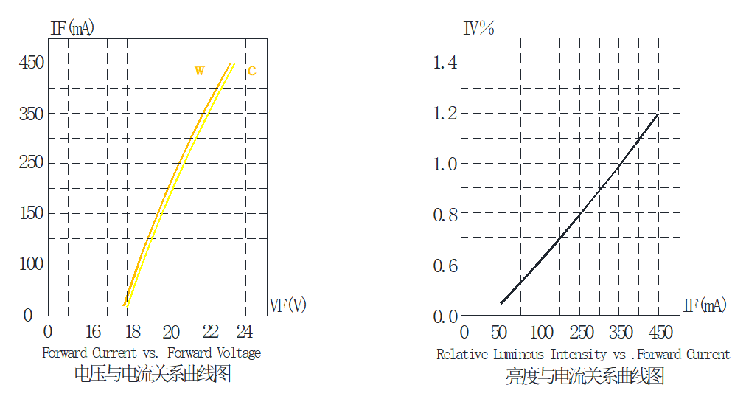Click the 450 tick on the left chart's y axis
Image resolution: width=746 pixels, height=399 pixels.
[32, 63]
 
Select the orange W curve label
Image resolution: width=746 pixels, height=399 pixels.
[200, 71]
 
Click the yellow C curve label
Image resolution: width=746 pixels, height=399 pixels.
[251, 71]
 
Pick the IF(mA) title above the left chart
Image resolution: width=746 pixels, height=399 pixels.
[72, 29]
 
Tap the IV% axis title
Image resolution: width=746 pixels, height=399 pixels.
[478, 29]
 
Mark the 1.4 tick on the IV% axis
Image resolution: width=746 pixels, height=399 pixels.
[445, 63]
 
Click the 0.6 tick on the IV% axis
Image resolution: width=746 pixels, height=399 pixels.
[445, 266]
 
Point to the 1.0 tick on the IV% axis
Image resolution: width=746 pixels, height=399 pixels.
[445, 164]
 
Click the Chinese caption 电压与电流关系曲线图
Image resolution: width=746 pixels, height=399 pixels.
[153, 374]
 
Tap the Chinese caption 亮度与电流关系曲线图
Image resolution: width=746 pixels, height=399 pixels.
[585, 376]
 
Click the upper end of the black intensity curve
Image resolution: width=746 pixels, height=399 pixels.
[658, 114]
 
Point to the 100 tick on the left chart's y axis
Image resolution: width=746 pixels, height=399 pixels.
[32, 264]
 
